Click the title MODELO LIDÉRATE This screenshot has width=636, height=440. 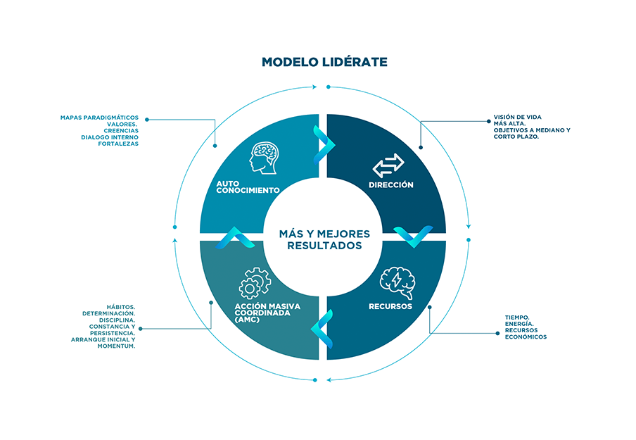click(x=324, y=62)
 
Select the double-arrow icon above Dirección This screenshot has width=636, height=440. click(x=388, y=165)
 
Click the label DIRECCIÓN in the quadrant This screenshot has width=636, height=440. click(x=391, y=185)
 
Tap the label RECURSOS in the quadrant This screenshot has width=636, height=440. click(x=390, y=307)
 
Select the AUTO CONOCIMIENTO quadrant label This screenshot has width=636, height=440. click(x=248, y=187)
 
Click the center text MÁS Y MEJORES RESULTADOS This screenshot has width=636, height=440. click(x=324, y=239)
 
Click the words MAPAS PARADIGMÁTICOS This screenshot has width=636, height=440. click(x=100, y=117)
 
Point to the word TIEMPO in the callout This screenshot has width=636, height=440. click(x=517, y=318)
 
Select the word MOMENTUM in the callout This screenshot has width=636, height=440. click(x=115, y=346)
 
